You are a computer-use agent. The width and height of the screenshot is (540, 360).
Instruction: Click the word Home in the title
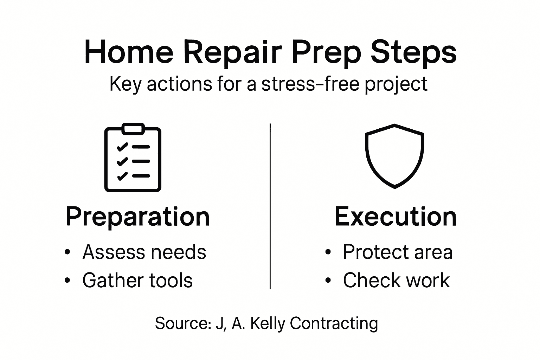click(x=129, y=52)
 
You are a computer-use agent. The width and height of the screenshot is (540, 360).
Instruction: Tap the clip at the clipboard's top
click(x=133, y=128)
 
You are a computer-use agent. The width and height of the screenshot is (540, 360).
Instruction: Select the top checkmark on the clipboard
click(x=122, y=147)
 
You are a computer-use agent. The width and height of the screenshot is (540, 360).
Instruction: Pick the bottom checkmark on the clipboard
click(x=122, y=176)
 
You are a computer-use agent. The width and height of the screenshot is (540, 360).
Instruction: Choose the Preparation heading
click(x=137, y=217)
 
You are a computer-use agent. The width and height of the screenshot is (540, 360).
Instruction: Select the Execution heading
click(x=396, y=217)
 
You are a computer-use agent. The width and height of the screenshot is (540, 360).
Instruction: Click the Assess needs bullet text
click(x=144, y=252)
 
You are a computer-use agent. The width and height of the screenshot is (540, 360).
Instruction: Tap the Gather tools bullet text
click(x=137, y=280)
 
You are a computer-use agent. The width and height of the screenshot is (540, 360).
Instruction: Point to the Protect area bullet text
click(x=398, y=252)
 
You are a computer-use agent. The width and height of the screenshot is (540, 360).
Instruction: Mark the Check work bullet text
click(x=396, y=280)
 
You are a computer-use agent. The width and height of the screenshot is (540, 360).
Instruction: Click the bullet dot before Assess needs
click(x=68, y=252)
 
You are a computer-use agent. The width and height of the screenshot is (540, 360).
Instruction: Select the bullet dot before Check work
click(x=328, y=281)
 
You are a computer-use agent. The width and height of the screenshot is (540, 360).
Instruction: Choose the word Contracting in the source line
click(x=334, y=323)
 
